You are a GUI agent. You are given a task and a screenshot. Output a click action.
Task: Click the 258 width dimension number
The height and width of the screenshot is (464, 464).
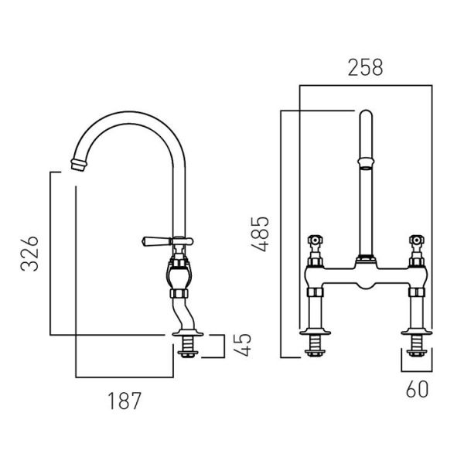(365, 67)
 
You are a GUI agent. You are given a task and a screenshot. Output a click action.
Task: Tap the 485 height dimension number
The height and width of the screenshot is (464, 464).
(260, 234)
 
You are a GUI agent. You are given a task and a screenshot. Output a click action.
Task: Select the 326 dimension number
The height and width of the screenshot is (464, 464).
(29, 254)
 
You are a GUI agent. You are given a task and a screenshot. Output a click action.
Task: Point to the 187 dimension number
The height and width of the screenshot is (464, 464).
(125, 401)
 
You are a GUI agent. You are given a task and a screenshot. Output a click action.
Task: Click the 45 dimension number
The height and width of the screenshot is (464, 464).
(242, 345)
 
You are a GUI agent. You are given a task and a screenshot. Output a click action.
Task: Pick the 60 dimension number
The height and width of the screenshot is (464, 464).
(417, 389)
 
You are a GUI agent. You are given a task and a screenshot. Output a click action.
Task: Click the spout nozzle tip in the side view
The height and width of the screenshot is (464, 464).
(79, 165)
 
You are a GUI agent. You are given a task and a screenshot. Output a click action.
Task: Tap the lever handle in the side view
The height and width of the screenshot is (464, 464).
(157, 241)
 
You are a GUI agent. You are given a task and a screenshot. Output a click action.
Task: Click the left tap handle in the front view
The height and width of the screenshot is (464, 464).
(316, 240)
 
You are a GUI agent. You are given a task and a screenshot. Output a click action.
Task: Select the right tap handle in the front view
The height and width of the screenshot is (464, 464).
(417, 240)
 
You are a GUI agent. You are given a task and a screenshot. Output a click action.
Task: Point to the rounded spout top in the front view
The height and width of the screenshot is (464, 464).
(366, 115)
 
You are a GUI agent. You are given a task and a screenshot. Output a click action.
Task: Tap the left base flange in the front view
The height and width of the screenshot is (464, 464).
(315, 332)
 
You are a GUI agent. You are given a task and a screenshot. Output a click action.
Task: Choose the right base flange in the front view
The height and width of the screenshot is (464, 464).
(417, 332)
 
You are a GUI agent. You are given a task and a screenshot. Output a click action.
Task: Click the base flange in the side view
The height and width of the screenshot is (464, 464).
(188, 333)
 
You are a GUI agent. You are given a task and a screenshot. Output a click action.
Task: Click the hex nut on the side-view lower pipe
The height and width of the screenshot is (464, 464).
(179, 293)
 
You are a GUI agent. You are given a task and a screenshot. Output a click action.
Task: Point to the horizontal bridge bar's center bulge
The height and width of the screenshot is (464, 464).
(366, 285)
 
